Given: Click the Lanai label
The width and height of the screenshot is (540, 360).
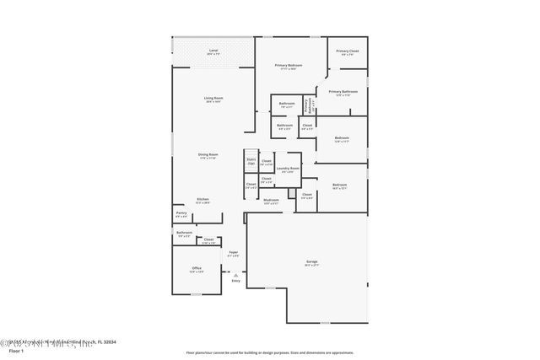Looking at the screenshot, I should pos(213,51).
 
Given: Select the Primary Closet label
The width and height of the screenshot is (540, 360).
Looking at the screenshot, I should pos(347,52).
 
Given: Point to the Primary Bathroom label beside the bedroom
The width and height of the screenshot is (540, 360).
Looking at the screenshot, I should pos(343,92).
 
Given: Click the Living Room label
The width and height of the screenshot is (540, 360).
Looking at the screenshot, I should pos(213,99).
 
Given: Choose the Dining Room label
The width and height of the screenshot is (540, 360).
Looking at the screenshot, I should pos(208,155).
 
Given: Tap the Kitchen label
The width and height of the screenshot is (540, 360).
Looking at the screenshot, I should pos(203,200).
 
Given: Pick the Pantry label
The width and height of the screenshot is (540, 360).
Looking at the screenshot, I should pos(181,214).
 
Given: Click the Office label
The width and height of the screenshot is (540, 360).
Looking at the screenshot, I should pos(196,269).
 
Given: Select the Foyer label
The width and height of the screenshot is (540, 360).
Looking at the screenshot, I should pos(234,253).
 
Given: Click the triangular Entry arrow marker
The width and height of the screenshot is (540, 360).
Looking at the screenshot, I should pos(235,275).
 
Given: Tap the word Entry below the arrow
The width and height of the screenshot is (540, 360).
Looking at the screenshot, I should pos(235,281).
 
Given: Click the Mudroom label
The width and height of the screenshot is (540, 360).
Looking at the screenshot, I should pos(271,201).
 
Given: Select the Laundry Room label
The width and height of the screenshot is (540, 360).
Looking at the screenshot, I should pos(288,169).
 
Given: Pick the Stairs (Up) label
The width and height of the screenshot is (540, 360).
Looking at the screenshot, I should pos(251,160).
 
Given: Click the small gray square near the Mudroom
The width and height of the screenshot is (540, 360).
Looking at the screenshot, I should pos(291,194).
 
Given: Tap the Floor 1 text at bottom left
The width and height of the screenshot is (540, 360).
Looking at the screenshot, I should pos(15,350).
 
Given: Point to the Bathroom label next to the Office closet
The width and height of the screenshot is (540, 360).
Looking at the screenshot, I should pos(184,234).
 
